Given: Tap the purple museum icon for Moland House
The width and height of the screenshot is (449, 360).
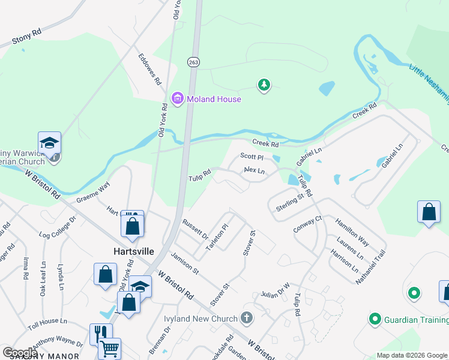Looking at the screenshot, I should pyautogui.click(x=176, y=99).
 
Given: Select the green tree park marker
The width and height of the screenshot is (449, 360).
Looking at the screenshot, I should pyautogui.click(x=263, y=85).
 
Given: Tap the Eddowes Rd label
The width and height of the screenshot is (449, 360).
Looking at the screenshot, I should pyautogui.click(x=150, y=69).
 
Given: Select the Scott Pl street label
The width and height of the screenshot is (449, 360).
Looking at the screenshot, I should pyautogui.click(x=252, y=156).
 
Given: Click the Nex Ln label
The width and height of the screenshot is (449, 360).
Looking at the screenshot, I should pyautogui.click(x=255, y=170).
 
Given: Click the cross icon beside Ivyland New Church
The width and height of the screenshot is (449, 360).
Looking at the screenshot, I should pyautogui.click(x=246, y=317).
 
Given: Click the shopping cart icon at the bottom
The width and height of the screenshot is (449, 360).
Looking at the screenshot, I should pyautogui.click(x=109, y=349).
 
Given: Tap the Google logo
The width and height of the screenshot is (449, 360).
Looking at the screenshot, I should pyautogui.click(x=20, y=353).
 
